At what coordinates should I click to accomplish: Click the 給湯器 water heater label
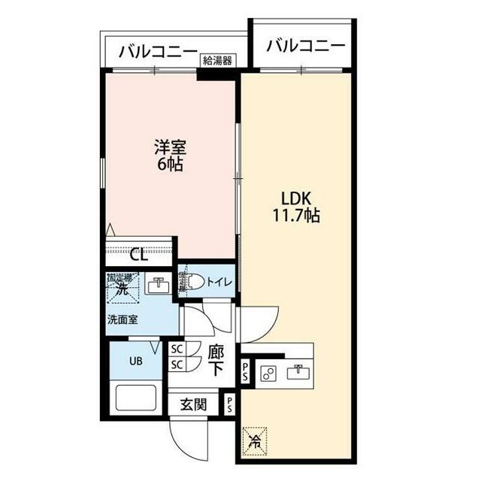click(216, 60)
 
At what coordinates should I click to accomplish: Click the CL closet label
click(138, 254)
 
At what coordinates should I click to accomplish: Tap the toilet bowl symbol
click(192, 283)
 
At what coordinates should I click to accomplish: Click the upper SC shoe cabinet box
click(177, 349)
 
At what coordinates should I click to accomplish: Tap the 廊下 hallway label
click(216, 359)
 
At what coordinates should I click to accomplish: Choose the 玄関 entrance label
click(193, 404)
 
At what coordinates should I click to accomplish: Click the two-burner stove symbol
click(270, 371)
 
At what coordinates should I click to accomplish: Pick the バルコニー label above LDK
click(307, 46)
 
